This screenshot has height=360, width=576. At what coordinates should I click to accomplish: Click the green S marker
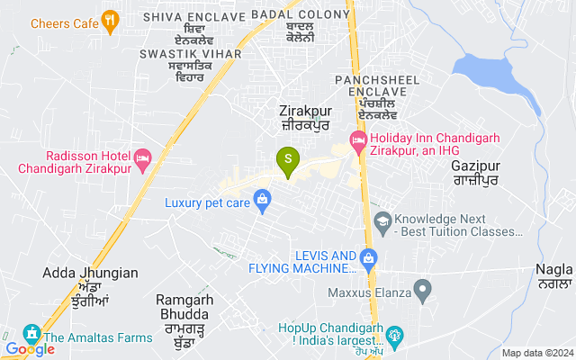(x=288, y=159)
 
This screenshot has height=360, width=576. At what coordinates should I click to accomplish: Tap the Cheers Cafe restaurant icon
(x=111, y=20)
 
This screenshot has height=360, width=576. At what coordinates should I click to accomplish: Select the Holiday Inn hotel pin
(x=358, y=140)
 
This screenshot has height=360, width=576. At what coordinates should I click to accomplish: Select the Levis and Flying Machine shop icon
(x=368, y=258)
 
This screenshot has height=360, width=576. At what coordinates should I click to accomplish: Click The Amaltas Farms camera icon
(x=31, y=333)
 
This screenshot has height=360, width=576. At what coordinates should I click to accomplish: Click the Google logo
(x=31, y=349)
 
